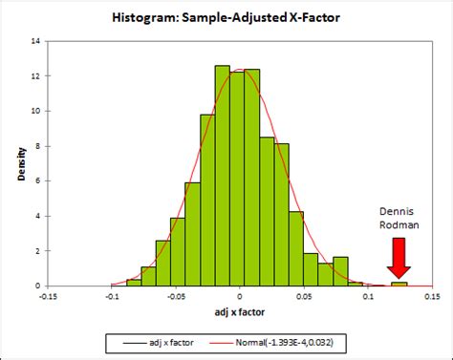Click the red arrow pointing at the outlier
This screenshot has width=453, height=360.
pyautogui.click(x=399, y=256)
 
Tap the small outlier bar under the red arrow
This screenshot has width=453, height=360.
pyautogui.click(x=399, y=284)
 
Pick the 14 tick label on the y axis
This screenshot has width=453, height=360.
pyautogui.click(x=35, y=41)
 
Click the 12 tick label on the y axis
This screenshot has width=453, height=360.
pyautogui.click(x=35, y=75)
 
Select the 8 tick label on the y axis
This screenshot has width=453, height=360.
pyautogui.click(x=37, y=146)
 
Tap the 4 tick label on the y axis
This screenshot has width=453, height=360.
pyautogui.click(x=37, y=216)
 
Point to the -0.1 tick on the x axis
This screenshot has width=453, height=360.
pyautogui.click(x=113, y=295)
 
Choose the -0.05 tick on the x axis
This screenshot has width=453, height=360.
pyautogui.click(x=176, y=295)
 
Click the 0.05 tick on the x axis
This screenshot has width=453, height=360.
pyautogui.click(x=304, y=295)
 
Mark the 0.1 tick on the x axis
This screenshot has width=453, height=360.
pyautogui.click(x=368, y=295)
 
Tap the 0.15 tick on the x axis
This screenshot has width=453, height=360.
pyautogui.click(x=431, y=295)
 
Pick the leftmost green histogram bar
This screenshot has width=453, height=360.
pyautogui.click(x=134, y=282)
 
